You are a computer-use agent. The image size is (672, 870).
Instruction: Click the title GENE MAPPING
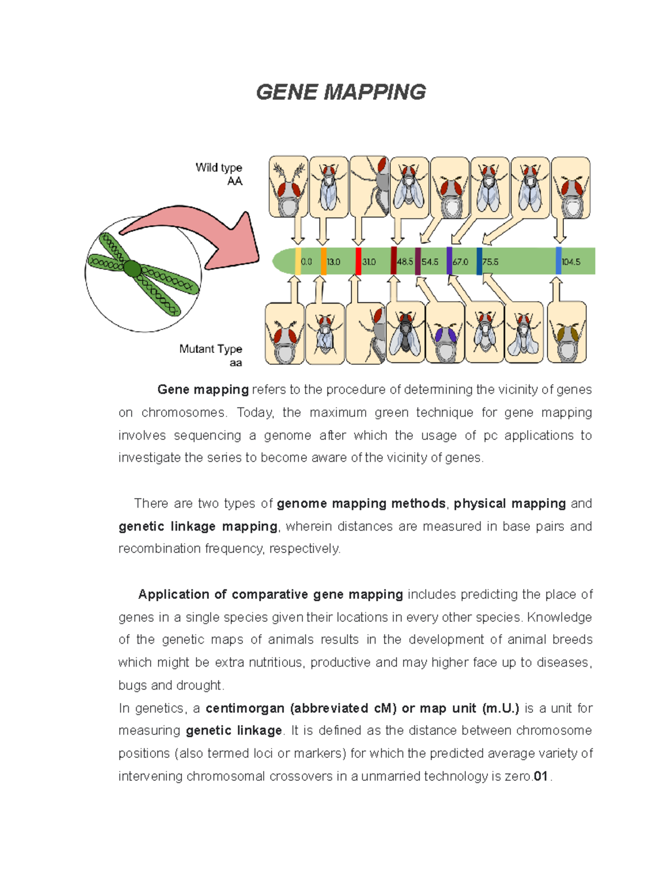coord(340,92)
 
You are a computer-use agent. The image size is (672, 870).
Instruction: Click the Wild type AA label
coord(219,174)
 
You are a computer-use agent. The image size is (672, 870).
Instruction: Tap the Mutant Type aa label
coord(211,355)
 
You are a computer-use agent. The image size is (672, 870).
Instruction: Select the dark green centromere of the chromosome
coord(132,269)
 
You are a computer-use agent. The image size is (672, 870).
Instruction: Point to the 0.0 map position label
coord(306,262)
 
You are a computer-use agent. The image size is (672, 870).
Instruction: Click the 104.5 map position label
coord(571,262)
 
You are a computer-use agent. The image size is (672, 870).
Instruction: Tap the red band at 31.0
coord(358,261)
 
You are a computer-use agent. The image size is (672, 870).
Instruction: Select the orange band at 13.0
coord(324,261)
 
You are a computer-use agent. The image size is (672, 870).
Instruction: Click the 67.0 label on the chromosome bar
coord(460,262)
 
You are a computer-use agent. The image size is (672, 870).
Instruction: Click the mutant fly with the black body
coord(405,334)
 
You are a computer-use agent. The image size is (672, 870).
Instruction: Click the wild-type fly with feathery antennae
coord(289,187)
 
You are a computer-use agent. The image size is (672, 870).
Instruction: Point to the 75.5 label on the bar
coord(491,262)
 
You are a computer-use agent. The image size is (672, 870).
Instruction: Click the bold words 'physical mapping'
coord(510,504)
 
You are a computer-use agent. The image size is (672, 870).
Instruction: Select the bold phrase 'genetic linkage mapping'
coord(198,527)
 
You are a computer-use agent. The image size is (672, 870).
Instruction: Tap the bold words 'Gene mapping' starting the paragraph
coord(203,389)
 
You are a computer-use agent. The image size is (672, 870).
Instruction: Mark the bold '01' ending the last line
coord(540,776)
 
